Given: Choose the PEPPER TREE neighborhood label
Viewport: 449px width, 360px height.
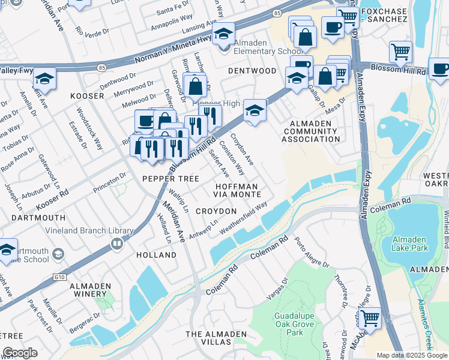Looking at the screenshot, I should [170, 179].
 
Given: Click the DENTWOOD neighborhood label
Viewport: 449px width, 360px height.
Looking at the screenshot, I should [252, 71].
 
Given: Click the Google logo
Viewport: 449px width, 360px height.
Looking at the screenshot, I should [20, 353].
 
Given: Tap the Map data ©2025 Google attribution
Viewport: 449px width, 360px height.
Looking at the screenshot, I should [412, 355].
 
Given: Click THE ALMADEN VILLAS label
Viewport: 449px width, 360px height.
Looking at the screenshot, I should [208, 337].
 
